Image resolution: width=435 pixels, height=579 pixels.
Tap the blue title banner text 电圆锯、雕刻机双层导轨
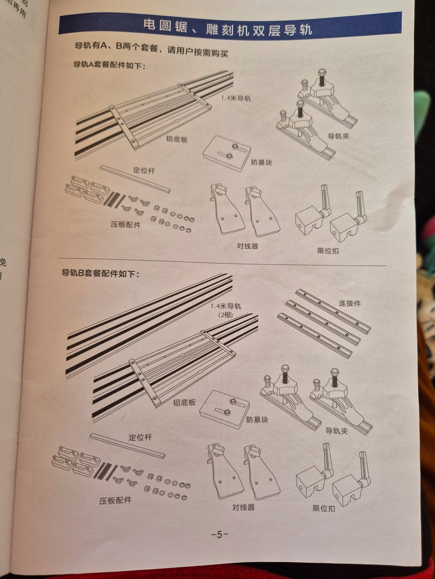click(x=227, y=28)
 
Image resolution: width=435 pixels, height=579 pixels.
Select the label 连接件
click(x=350, y=304)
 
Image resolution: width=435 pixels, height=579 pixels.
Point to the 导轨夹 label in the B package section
click(x=337, y=431)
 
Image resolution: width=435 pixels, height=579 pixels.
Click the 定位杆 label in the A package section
click(x=144, y=171)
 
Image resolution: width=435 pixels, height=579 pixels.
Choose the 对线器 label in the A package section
click(x=247, y=247)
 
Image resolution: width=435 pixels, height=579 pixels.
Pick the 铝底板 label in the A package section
click(x=177, y=139)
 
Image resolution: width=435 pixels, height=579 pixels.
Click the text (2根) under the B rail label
click(x=225, y=315)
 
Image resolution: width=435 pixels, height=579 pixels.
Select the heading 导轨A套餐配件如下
click(x=109, y=65)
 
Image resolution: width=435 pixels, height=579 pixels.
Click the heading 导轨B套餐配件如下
click(x=100, y=273)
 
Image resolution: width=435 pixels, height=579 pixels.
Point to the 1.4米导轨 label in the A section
click(x=236, y=99)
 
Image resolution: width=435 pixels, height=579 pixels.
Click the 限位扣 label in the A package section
click(x=328, y=251)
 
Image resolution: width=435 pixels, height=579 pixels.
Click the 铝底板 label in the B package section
click(x=184, y=402)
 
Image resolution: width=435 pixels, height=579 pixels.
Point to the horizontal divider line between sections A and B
click(x=222, y=261)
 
